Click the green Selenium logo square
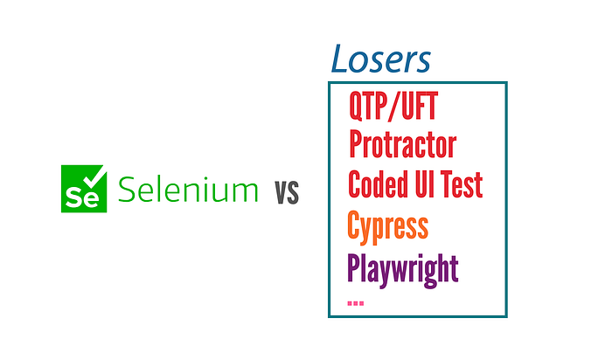click(x=84, y=189)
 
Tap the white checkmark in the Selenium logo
click(x=94, y=177)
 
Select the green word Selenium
click(x=188, y=190)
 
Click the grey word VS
click(x=287, y=192)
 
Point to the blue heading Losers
click(x=380, y=59)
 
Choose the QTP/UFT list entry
click(x=393, y=106)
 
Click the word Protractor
click(x=402, y=144)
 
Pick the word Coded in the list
click(x=376, y=183)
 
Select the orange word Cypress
click(x=387, y=226)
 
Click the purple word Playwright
click(x=402, y=270)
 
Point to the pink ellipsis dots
click(x=356, y=303)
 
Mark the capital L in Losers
click(x=339, y=59)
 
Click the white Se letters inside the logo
click(x=82, y=197)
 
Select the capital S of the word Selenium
click(x=126, y=190)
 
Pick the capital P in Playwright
click(x=354, y=267)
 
